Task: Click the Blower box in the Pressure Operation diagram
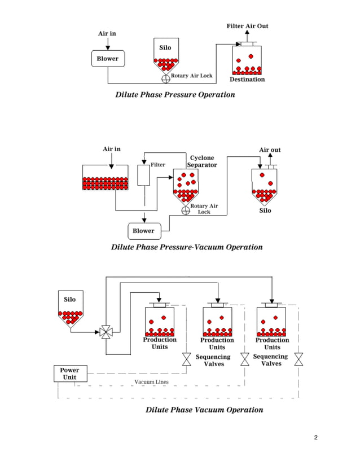coord(107,59)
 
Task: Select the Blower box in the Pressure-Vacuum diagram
coord(143,230)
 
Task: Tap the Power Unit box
coord(70,373)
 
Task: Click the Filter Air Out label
coord(247,26)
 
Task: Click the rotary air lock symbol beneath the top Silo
coord(166,78)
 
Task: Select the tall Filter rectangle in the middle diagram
coord(144,175)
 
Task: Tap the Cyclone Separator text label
coord(202,161)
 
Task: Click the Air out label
coord(270,150)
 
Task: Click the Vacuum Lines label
coord(151,382)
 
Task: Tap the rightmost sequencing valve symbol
coord(298,359)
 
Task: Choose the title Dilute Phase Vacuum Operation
coord(204,410)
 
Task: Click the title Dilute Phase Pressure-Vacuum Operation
coord(187,247)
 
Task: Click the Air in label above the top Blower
coord(107,33)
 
